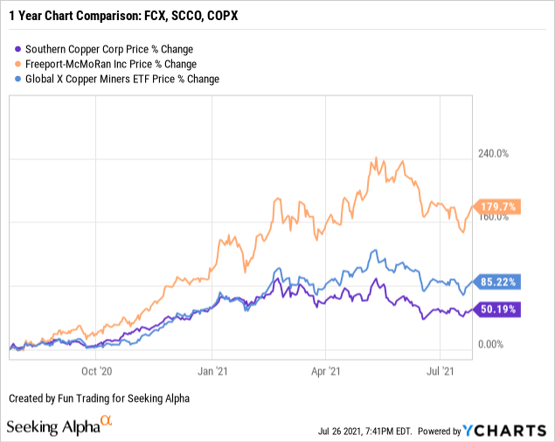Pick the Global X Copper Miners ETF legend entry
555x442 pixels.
(x=123, y=79)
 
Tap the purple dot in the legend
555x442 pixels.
(x=17, y=49)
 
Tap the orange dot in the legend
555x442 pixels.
(x=17, y=64)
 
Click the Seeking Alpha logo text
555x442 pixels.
(x=52, y=427)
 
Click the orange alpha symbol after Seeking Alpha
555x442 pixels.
(x=107, y=422)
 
